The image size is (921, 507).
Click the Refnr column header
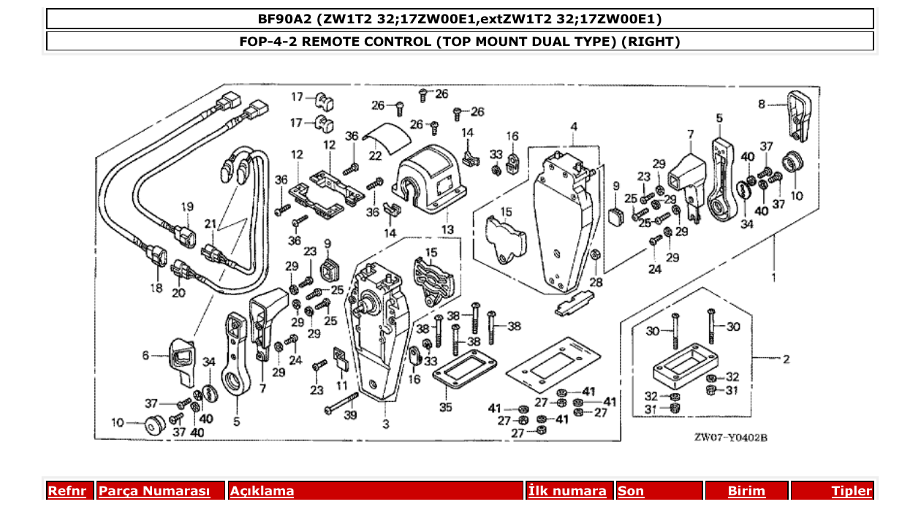click(x=67, y=491)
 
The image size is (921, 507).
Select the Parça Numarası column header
click(x=154, y=491)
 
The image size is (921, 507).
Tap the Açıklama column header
click(x=262, y=491)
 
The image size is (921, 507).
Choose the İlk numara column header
click(x=567, y=491)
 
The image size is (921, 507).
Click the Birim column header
click(x=746, y=491)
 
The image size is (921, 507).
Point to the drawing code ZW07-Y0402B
click(x=730, y=438)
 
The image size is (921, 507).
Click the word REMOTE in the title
click(x=333, y=42)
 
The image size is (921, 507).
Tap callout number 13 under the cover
click(x=447, y=229)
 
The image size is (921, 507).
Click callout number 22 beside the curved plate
click(x=375, y=156)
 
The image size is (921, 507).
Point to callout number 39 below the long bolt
click(x=351, y=415)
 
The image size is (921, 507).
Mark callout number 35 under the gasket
click(x=445, y=407)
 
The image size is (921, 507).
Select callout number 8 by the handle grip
click(x=762, y=104)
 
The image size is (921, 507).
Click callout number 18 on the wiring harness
click(x=156, y=288)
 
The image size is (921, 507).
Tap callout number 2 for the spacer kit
click(x=785, y=359)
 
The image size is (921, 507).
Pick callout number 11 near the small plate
click(x=342, y=385)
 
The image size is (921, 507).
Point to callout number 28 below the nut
click(x=596, y=282)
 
